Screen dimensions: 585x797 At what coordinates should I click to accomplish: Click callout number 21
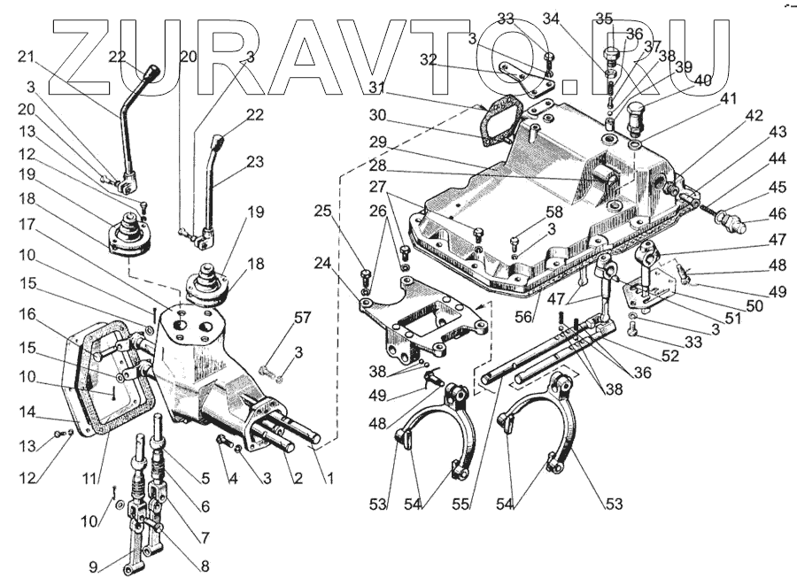click(x=26, y=58)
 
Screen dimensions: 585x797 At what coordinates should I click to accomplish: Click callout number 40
click(x=703, y=81)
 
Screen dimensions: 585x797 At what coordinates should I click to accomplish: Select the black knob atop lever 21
click(x=152, y=71)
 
